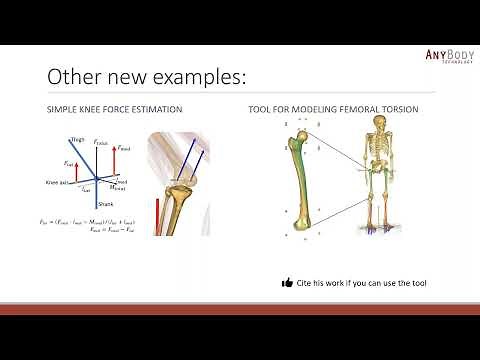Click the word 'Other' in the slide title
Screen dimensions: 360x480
tap(73, 77)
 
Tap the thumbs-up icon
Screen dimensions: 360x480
tap(288, 283)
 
